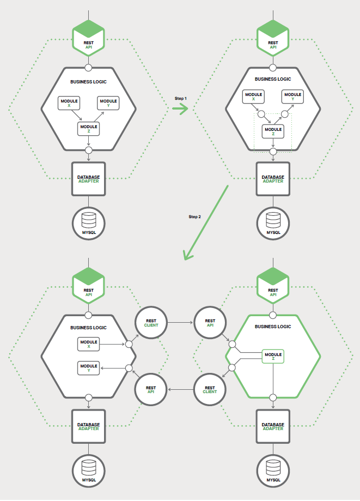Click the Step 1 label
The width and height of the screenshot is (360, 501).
click(180, 98)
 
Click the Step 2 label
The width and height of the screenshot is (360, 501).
click(194, 217)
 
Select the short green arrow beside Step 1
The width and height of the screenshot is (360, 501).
click(180, 108)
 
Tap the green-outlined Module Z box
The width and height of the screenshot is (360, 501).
click(273, 357)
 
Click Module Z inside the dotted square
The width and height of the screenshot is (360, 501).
click(273, 131)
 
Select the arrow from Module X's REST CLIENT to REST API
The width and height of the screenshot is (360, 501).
click(181, 323)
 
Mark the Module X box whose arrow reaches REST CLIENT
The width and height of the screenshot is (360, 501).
click(88, 344)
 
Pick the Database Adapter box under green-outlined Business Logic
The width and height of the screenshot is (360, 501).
click(273, 426)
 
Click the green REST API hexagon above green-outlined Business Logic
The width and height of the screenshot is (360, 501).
click(273, 285)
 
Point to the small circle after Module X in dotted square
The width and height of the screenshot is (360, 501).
click(261, 115)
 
